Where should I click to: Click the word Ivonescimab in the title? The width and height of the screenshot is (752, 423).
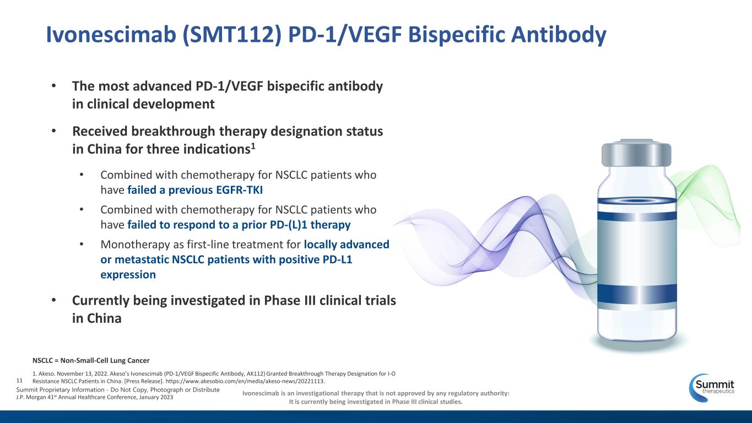point(111,34)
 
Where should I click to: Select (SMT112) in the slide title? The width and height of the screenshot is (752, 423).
point(232,35)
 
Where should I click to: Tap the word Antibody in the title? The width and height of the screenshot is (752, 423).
point(559,35)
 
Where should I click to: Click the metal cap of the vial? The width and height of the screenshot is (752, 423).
point(636,153)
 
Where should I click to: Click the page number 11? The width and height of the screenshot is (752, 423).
point(19,381)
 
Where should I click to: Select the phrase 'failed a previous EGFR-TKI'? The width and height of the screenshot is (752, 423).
point(195,190)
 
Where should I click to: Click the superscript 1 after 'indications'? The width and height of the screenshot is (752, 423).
point(253,146)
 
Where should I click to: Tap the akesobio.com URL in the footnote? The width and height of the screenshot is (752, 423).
point(245,381)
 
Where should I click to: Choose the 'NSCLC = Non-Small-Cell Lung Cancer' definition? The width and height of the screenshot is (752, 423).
point(91,361)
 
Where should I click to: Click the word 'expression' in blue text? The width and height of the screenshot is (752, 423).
point(128,275)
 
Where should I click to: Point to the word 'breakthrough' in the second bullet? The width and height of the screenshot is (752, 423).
point(173,131)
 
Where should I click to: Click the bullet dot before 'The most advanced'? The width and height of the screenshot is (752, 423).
point(54,85)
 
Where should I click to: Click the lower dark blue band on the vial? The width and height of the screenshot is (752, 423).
point(637,294)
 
